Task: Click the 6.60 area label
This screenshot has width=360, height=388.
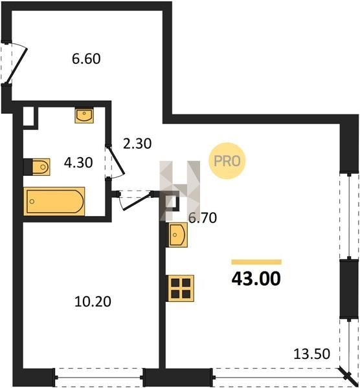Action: (86, 59)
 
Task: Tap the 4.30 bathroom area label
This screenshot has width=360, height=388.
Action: (78, 162)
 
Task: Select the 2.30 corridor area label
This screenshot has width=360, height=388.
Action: (137, 144)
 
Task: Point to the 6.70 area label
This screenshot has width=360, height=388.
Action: (203, 218)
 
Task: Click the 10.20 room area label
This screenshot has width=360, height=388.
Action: (93, 301)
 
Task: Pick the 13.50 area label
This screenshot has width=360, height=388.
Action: (311, 354)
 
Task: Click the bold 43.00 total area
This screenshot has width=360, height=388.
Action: (256, 279)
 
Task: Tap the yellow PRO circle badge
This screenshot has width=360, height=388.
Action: (227, 161)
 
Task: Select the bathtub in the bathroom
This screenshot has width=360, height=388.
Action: (54, 201)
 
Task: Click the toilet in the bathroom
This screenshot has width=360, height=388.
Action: (41, 167)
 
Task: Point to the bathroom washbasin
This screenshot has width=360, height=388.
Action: (84, 115)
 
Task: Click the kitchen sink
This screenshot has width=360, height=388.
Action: (178, 235)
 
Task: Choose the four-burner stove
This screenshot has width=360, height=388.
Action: (181, 288)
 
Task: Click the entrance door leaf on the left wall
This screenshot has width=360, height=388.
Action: (16, 66)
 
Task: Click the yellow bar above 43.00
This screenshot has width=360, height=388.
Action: (256, 262)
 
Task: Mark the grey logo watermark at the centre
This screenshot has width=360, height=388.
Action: (179, 191)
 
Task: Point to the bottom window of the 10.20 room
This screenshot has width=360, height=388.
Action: (99, 378)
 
